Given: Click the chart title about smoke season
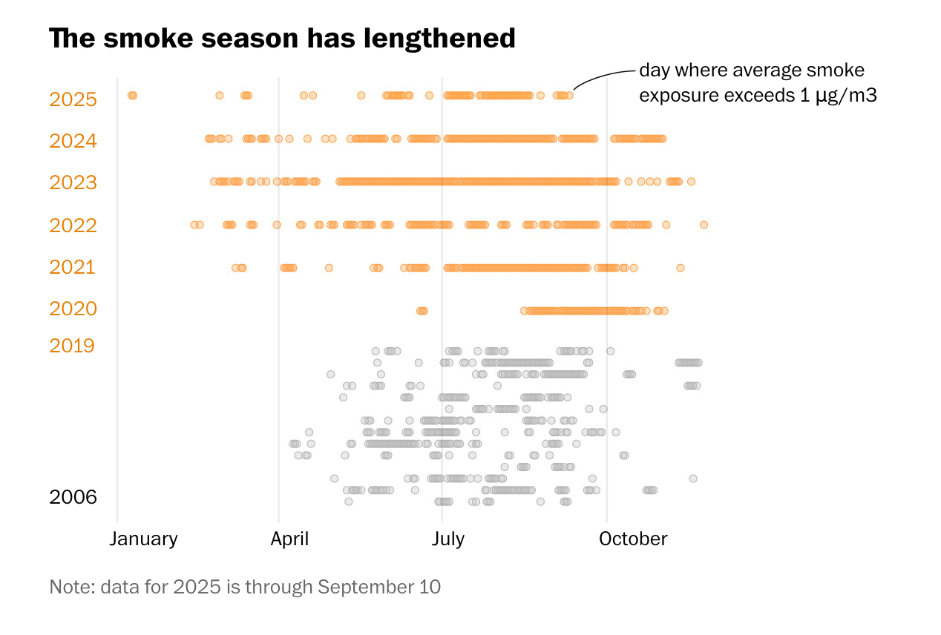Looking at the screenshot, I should point(282,39).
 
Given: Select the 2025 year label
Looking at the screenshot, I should point(73,99).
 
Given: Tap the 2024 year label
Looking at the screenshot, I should point(73,141).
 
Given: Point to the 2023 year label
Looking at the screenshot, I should point(73,182).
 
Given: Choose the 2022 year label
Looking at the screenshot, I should point(73,225).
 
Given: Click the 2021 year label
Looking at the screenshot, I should point(73,267).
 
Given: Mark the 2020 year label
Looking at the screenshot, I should point(73,309).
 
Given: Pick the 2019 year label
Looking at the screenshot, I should point(72,346).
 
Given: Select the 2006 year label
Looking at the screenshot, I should point(73,497).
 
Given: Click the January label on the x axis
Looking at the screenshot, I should point(143,539).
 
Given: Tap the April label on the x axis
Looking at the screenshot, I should point(289,539).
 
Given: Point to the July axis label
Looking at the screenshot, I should point(447,539).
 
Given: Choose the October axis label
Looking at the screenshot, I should point(633,539).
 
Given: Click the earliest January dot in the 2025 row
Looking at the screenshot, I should point(131,95).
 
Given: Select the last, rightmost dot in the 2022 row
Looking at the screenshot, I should point(704,225).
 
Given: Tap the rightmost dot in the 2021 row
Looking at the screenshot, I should point(681,268).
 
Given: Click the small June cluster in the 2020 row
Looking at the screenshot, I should point(422,311).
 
